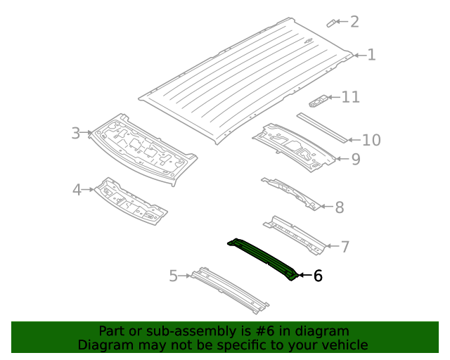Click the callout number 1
371,55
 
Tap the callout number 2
354,22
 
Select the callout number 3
76,133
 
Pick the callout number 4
78,189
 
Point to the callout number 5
173,276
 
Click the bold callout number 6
318,276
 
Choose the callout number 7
345,247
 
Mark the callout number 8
339,207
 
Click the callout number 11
350,97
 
